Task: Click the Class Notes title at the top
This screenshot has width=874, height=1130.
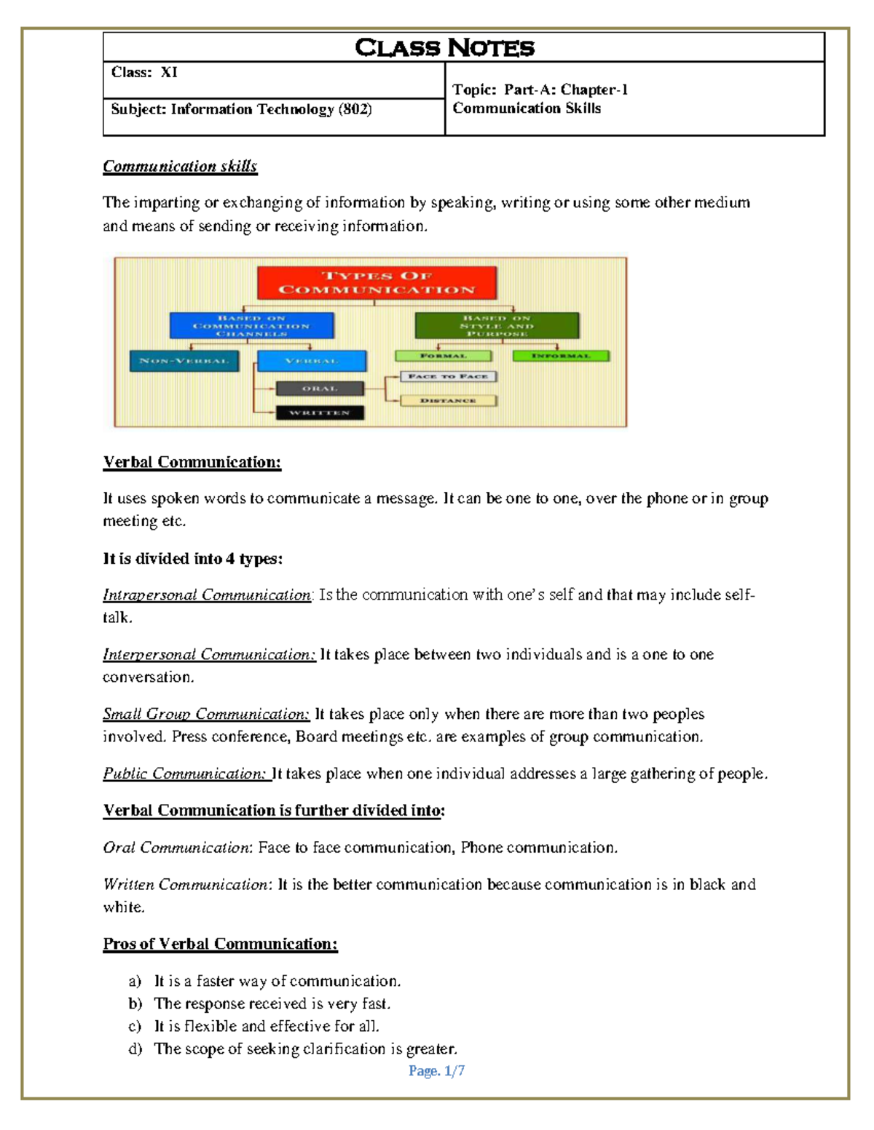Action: point(444,48)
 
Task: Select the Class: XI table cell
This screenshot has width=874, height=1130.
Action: point(273,79)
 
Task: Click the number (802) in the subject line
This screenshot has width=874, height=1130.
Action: point(355,109)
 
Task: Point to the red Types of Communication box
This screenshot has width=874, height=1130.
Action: point(377,283)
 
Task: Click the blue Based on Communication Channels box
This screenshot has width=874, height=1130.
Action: point(251,325)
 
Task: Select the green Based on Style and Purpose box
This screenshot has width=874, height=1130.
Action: point(497,325)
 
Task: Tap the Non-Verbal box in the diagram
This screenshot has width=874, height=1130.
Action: point(184,361)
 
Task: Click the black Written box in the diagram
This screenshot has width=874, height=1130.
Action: point(320,413)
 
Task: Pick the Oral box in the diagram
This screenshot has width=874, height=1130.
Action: point(320,389)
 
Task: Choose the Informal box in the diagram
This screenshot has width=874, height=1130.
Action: point(560,356)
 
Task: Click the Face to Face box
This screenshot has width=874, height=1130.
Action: point(448,376)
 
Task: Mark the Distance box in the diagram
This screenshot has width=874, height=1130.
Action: point(448,400)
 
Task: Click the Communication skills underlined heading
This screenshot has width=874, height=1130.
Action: point(180,167)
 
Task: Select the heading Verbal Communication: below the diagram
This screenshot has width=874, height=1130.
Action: point(192,462)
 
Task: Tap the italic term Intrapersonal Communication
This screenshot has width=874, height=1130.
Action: point(207,595)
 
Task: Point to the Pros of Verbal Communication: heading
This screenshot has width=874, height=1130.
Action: point(220,944)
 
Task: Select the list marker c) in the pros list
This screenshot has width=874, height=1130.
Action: point(135,1026)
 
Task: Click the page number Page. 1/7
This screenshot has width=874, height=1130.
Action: point(436,1070)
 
